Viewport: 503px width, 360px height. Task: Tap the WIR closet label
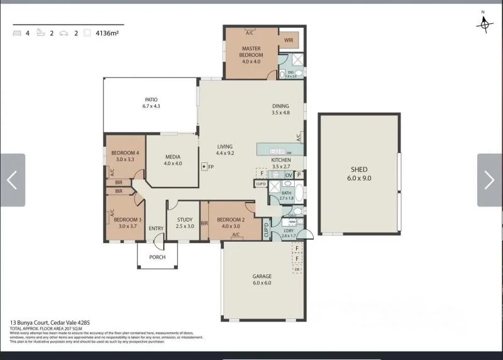(x=289, y=40)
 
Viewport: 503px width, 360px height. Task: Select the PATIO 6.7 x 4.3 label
(x=151, y=103)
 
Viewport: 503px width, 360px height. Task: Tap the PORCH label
(x=157, y=257)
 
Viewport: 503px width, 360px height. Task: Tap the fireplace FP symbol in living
(x=204, y=167)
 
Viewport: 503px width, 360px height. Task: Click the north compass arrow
(x=484, y=23)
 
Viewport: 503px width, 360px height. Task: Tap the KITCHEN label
(x=281, y=160)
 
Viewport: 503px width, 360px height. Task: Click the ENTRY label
(x=156, y=228)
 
